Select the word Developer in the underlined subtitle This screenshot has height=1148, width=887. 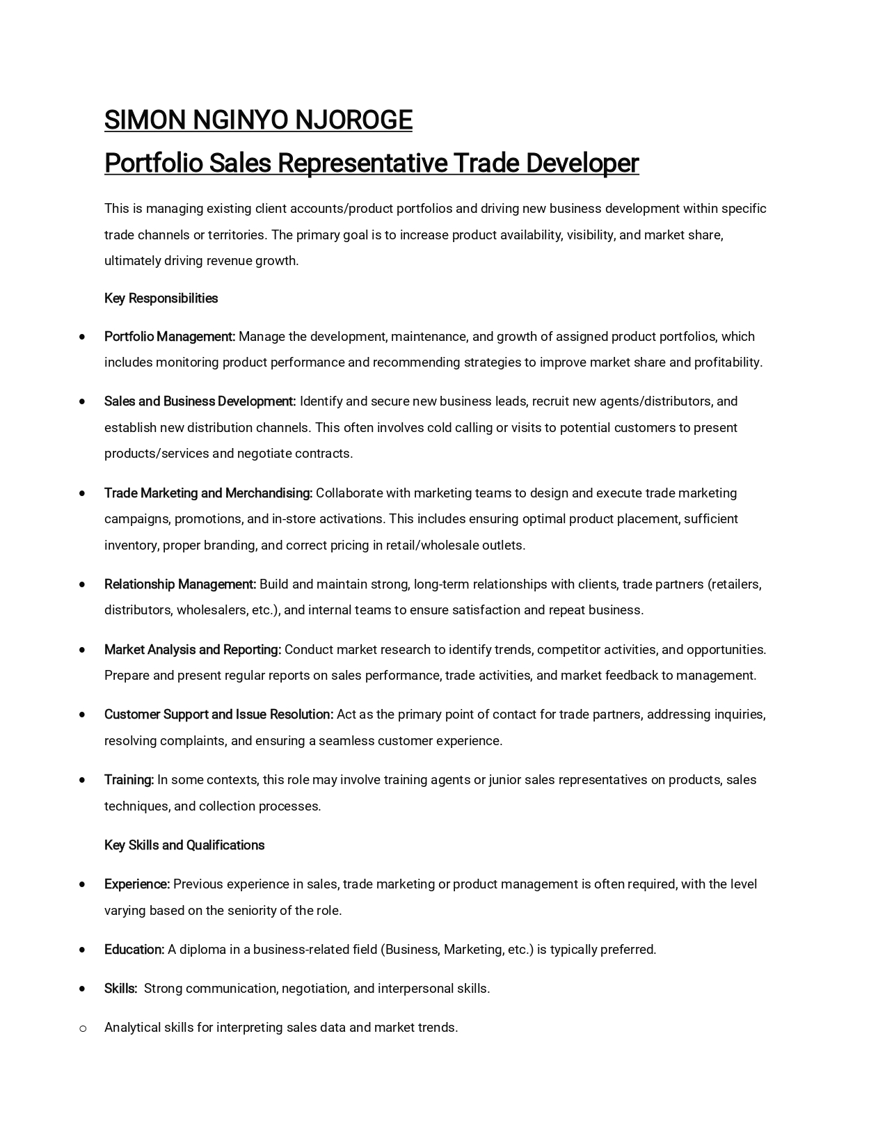[x=582, y=164]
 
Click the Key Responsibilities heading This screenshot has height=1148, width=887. [x=161, y=298]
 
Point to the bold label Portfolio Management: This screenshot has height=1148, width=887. [x=170, y=337]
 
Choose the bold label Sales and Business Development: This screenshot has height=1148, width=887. [x=200, y=401]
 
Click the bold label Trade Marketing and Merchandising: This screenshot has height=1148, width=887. [x=208, y=493]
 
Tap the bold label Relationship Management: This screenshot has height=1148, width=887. [x=180, y=584]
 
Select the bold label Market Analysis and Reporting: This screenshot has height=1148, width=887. [x=193, y=650]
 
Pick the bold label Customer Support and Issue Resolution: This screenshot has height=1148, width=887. [x=218, y=715]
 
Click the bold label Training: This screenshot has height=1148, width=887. [x=129, y=780]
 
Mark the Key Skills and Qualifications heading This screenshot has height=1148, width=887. [x=184, y=845]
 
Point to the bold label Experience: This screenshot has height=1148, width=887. [x=137, y=884]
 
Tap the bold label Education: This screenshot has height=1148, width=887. [x=134, y=950]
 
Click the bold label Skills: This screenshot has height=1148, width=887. [x=120, y=989]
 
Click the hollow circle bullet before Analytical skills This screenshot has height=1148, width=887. [x=83, y=1028]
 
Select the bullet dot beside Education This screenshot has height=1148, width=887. [x=83, y=950]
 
